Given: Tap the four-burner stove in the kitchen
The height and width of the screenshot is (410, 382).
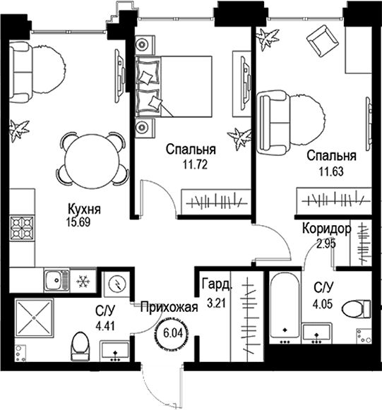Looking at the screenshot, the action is click(22, 228).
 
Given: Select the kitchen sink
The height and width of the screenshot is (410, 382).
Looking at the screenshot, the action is click(56, 280).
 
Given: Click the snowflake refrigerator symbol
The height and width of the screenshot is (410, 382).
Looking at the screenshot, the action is click(83, 281).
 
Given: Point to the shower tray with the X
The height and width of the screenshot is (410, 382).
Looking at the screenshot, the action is click(34, 318).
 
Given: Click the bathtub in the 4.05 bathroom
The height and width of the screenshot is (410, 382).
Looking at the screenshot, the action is click(285, 308).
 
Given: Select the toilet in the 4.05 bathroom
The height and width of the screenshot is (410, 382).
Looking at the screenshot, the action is click(357, 309).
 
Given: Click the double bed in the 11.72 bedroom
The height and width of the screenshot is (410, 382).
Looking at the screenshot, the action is click(173, 86).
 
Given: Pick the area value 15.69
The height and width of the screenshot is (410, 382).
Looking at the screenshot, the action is click(78, 222).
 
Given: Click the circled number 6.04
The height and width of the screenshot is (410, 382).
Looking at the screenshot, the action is click(173, 333).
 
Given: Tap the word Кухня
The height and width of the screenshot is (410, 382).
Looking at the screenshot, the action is click(84, 209).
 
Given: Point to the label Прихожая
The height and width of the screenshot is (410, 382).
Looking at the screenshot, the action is click(169, 307).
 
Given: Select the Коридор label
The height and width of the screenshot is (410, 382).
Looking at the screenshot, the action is click(326, 229).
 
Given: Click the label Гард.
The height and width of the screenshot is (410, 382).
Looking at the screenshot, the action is click(217, 285).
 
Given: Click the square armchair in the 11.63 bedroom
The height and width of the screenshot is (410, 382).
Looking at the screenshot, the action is click(323, 41).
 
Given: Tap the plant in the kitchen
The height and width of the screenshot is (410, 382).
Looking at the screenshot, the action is click(19, 131).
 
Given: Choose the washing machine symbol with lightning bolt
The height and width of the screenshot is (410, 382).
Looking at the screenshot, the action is click(117, 283).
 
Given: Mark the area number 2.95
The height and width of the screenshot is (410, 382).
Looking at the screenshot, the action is click(326, 244).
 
